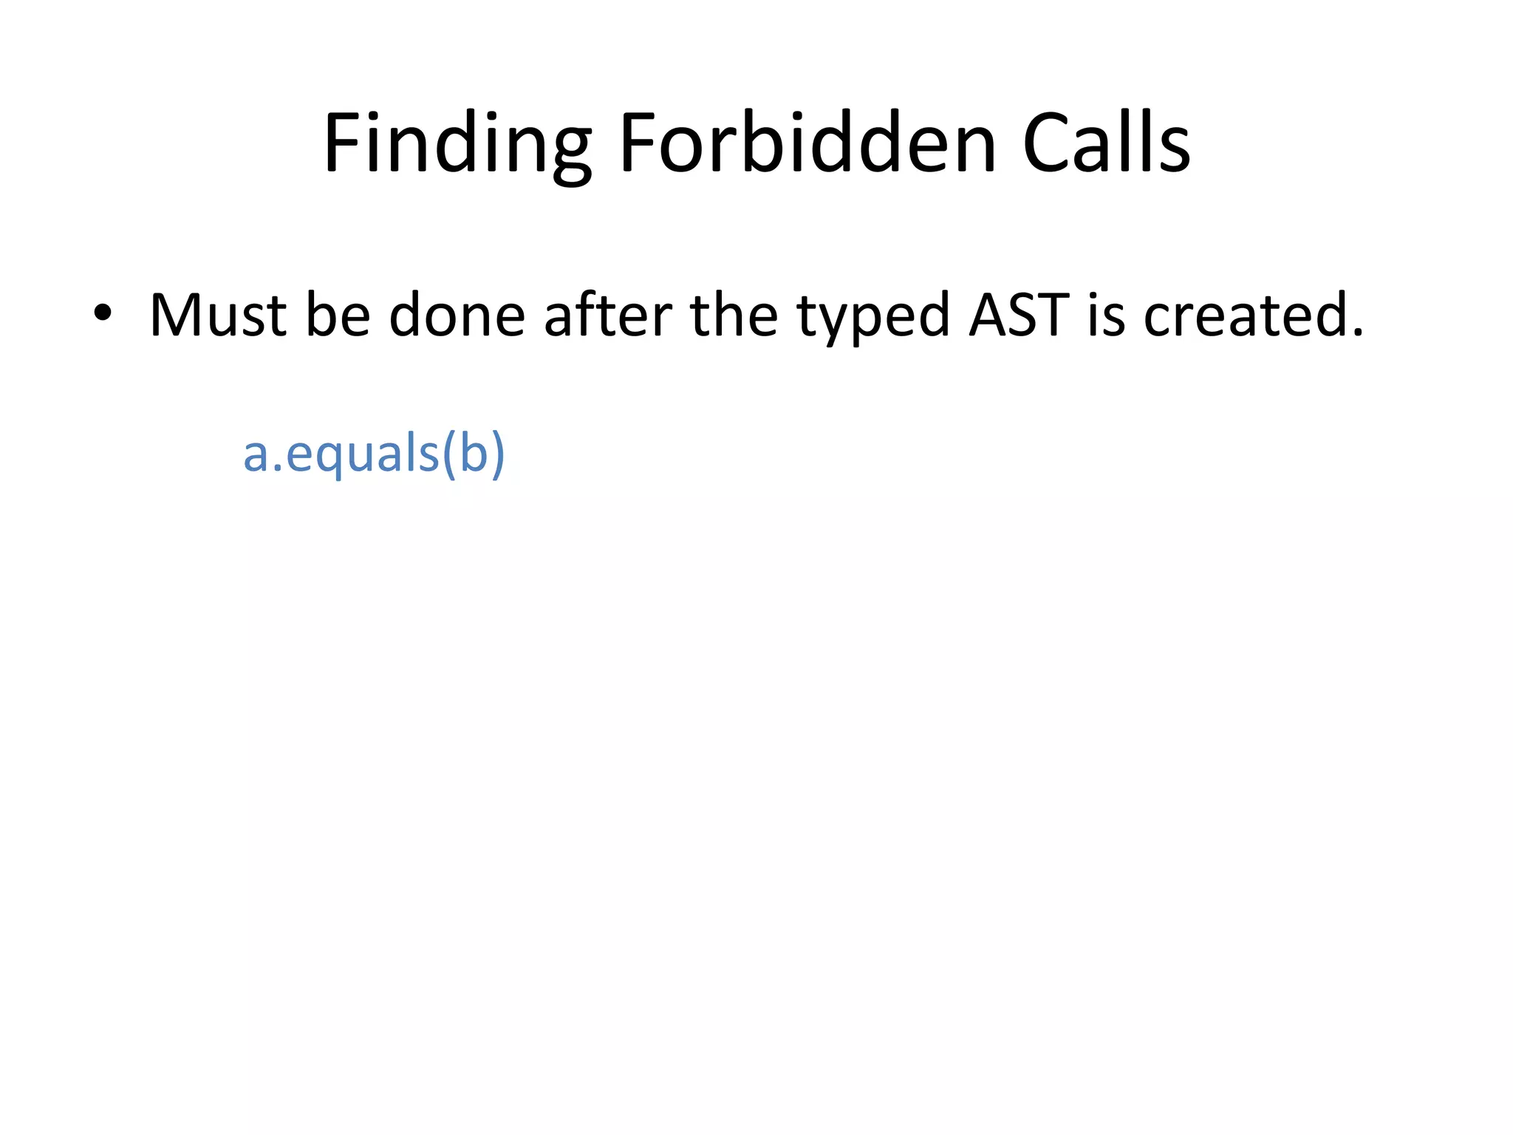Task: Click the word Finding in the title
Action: point(457,143)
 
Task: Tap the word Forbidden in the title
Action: point(808,143)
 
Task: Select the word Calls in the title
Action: point(1106,143)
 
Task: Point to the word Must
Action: point(218,316)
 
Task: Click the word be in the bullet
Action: point(338,316)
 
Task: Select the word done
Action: point(456,316)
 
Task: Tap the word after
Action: point(607,316)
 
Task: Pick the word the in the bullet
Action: point(733,316)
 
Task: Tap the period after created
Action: point(1356,333)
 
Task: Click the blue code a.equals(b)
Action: point(374,454)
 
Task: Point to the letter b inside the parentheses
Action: point(474,454)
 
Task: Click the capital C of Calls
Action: point(1049,143)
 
